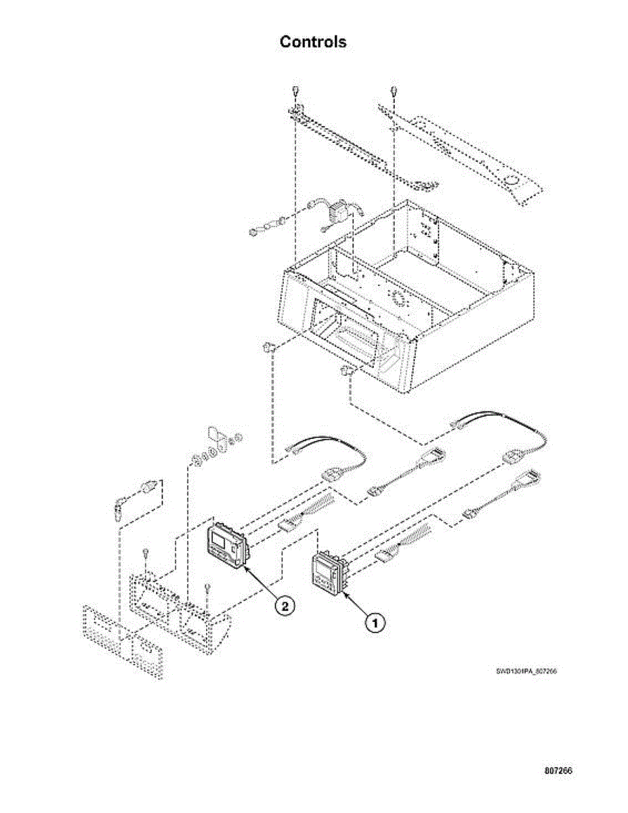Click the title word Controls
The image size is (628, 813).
tap(313, 42)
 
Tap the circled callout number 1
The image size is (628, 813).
tap(376, 621)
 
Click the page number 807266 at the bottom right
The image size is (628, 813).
tap(558, 771)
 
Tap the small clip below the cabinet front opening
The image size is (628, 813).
tap(347, 371)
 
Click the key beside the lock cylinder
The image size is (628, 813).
tap(121, 506)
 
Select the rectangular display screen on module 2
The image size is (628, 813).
tap(222, 541)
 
